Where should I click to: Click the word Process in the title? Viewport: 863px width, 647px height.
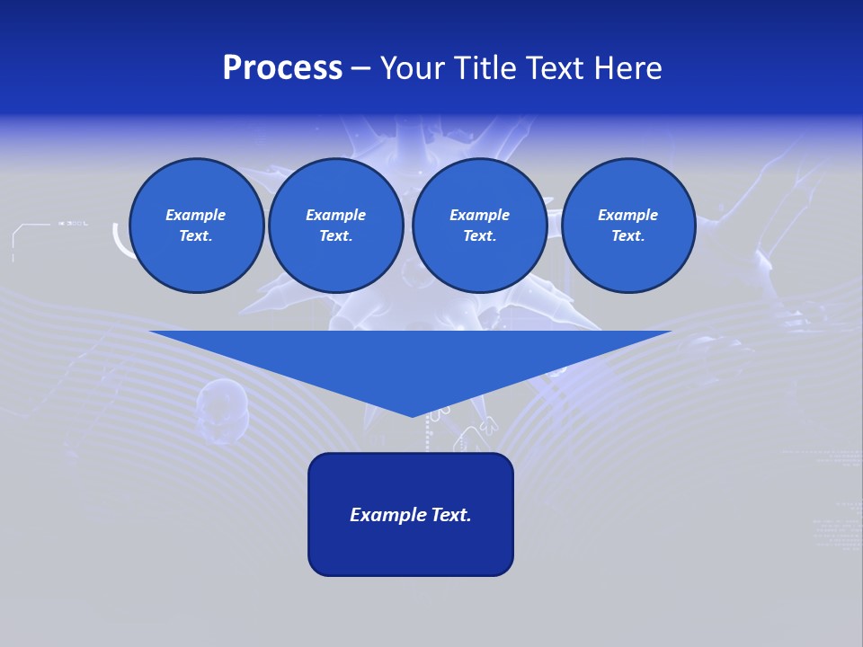282,68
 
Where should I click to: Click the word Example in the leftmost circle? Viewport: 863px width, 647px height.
196,215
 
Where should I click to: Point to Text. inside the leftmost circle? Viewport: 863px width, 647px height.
196,236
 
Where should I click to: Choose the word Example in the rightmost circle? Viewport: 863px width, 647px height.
627,215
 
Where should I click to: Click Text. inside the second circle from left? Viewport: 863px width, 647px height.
335,236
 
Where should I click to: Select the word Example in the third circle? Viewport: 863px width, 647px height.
479,215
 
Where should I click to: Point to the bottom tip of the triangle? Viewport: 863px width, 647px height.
412,414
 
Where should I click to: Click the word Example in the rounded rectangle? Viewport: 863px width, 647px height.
386,515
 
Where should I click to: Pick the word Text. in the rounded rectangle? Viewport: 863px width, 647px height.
449,515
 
